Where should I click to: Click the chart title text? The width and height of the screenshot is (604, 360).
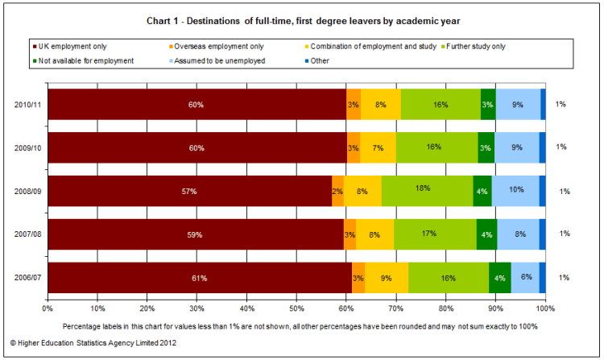[x=302, y=19]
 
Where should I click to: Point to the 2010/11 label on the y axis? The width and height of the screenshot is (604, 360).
[x=29, y=105]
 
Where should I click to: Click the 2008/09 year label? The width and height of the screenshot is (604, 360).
[x=29, y=191]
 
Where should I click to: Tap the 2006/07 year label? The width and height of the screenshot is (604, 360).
[x=29, y=278]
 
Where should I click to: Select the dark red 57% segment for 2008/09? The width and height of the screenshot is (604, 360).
[x=189, y=191]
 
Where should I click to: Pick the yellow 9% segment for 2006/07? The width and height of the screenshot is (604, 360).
[x=387, y=278]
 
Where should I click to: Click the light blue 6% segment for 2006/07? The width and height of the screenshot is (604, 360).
[x=525, y=278]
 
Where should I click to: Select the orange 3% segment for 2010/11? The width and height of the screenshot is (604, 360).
[x=354, y=105]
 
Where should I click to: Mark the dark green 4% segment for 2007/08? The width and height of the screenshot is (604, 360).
[x=487, y=234]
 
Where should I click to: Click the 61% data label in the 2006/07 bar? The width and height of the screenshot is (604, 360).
[x=199, y=278]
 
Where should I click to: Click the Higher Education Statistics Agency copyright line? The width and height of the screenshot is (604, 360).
[x=93, y=342]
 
